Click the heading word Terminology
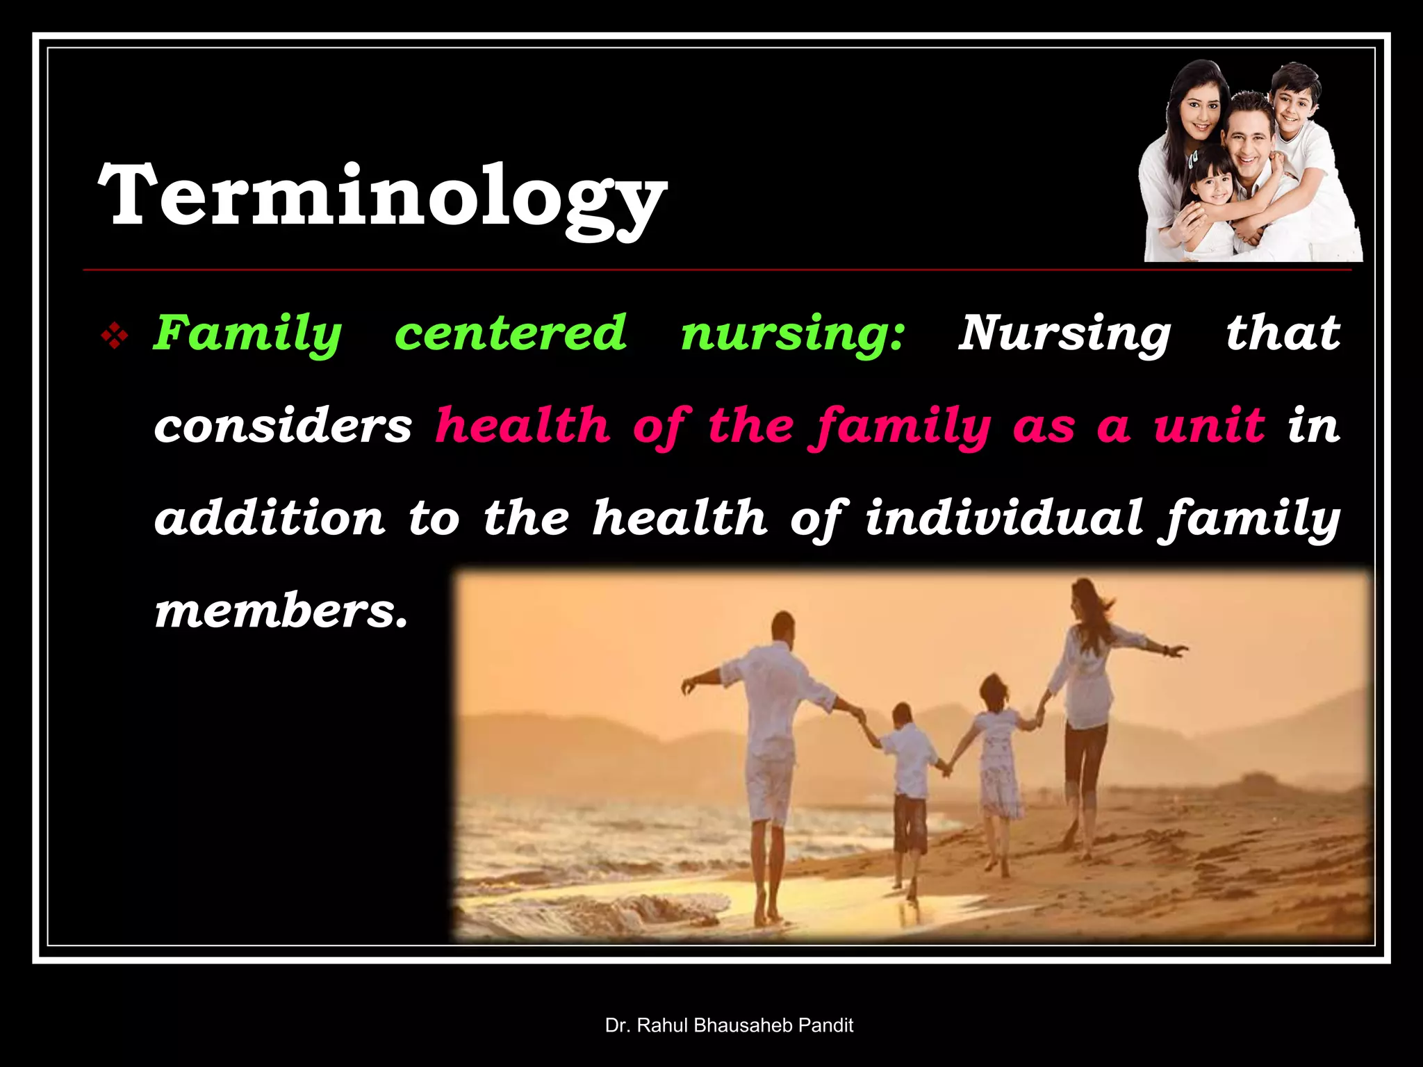tap(382, 196)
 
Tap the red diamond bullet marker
tap(115, 338)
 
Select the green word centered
tap(511, 333)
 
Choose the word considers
tap(283, 426)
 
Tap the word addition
tap(270, 518)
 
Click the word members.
tap(281, 611)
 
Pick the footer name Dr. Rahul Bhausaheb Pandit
tap(729, 1025)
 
